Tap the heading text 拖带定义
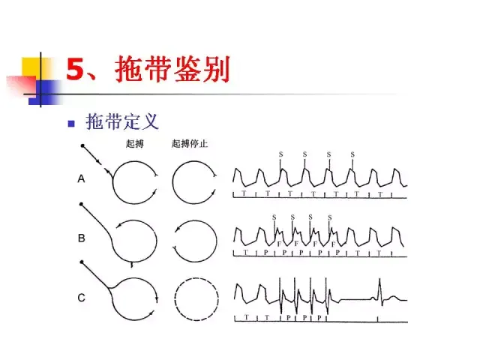(122, 121)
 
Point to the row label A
(81, 179)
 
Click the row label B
(81, 239)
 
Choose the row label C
(81, 298)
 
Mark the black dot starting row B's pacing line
(82, 204)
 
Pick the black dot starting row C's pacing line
(82, 262)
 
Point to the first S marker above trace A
(281, 154)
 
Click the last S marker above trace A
(352, 154)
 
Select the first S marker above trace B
(274, 217)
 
